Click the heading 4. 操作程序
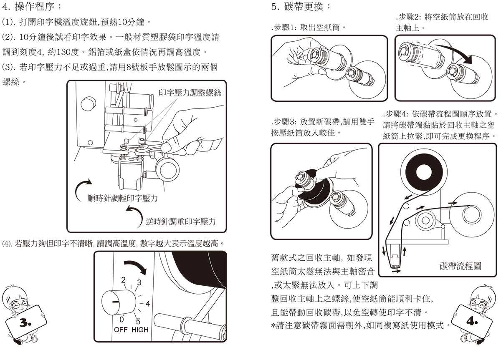pyautogui.click(x=32, y=7)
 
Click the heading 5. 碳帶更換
pyautogui.click(x=301, y=7)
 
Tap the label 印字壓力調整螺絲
pyautogui.click(x=190, y=93)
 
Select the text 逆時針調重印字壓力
pyautogui.click(x=180, y=222)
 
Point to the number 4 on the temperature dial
pyautogui.click(x=147, y=304)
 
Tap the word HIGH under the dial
pyautogui.click(x=139, y=330)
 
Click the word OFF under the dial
pyautogui.click(x=121, y=330)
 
